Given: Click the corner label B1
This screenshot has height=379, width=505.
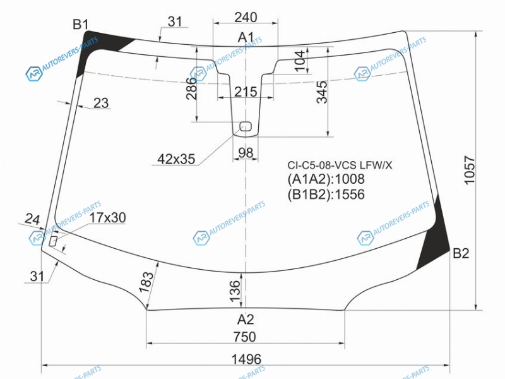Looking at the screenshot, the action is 80,24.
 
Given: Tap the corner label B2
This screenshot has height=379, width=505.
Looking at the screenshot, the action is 461,254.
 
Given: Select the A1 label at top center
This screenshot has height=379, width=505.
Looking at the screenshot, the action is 246,38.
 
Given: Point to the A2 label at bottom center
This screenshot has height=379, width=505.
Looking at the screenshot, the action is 246,320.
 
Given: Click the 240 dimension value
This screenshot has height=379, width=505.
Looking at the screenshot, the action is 246,17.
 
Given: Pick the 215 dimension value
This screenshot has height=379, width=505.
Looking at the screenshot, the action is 246,92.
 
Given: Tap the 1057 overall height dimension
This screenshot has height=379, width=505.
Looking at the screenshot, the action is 470,170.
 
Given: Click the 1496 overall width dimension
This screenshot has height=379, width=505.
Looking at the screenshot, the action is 246,359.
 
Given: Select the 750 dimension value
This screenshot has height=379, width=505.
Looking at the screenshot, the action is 245,337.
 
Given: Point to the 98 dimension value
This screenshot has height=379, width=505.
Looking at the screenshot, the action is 246,152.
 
